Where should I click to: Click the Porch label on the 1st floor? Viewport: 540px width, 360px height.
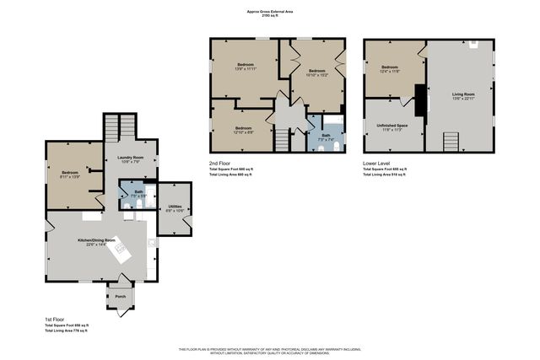120,297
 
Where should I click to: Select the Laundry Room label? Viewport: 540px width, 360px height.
129,159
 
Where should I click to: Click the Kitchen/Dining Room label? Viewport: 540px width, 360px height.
96,243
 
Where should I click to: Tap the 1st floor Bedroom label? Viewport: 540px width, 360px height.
69,175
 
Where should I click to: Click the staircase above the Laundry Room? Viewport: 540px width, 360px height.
120,129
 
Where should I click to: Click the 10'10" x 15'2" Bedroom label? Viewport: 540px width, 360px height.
316,73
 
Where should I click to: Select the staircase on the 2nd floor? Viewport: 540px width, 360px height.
282,142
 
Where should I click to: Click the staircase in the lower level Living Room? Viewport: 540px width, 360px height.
451,141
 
